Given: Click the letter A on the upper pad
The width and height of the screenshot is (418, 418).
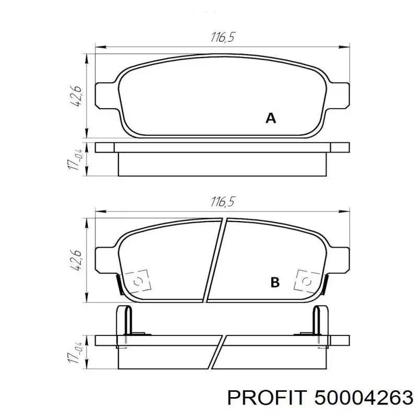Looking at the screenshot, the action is (x=271, y=118).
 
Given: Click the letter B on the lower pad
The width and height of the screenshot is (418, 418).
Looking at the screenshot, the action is (x=275, y=283).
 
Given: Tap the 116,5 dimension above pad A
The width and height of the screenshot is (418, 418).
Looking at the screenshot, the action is (x=223, y=37).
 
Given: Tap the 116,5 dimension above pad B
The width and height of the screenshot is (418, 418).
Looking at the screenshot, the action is (x=223, y=202).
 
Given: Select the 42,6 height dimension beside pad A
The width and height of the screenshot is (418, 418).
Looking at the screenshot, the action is (x=76, y=96).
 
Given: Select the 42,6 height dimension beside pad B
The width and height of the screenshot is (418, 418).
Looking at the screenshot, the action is (x=76, y=261).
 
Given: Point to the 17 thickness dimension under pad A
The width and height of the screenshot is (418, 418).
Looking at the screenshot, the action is (x=75, y=159).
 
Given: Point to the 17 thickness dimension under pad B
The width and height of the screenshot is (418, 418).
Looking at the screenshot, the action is (x=75, y=352).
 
